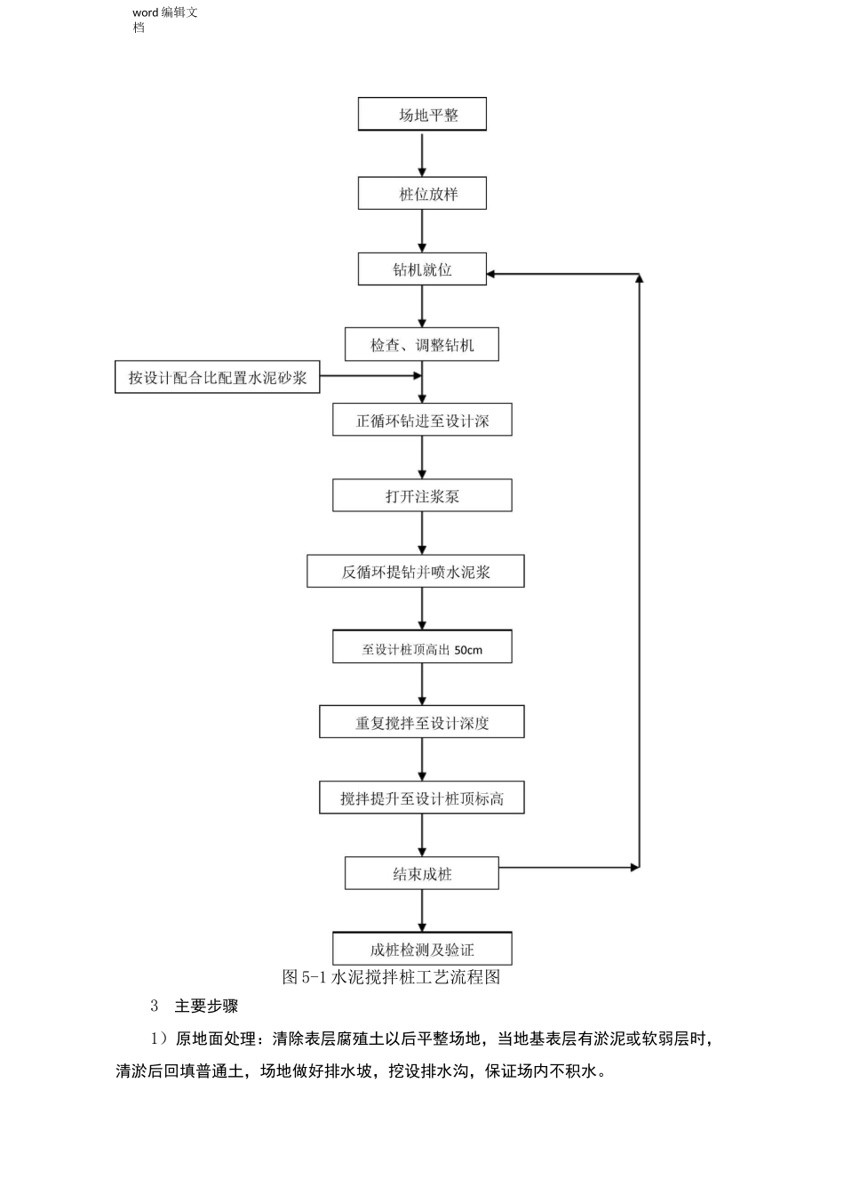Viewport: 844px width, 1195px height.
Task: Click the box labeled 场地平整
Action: click(x=422, y=115)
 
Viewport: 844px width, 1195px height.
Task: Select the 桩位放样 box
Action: click(x=422, y=194)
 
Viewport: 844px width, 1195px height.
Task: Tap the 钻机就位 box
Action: click(x=422, y=269)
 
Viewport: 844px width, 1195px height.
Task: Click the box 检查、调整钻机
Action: click(x=422, y=345)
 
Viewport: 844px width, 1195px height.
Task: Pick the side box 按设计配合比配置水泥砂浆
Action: click(x=217, y=377)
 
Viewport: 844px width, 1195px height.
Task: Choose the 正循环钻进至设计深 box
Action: click(x=422, y=421)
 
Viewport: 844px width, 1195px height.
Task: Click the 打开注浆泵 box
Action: click(x=422, y=496)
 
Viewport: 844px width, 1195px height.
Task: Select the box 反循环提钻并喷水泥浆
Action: click(x=416, y=572)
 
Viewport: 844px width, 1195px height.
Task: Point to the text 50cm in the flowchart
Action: click(x=468, y=650)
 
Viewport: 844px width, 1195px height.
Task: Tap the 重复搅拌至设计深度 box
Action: click(x=422, y=723)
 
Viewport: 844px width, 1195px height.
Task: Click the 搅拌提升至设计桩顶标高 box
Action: click(x=422, y=798)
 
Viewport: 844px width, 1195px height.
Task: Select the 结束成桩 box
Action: click(x=422, y=874)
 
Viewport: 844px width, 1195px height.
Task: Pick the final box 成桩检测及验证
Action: click(x=422, y=950)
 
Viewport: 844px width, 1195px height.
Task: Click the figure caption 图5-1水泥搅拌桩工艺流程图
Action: click(x=391, y=977)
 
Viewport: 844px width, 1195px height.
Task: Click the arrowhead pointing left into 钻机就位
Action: click(x=493, y=275)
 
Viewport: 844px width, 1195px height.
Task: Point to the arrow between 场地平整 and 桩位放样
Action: click(x=422, y=154)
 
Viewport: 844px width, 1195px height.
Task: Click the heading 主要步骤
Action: click(x=206, y=1007)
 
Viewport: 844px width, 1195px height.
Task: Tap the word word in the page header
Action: click(x=145, y=12)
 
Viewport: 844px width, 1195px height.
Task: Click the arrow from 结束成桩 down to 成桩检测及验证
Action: click(x=422, y=910)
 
